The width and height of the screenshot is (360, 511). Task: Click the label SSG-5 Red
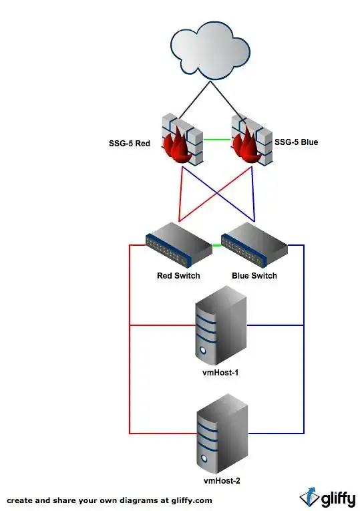click(130, 144)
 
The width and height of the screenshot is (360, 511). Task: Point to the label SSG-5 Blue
click(296, 142)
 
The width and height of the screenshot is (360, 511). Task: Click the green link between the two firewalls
click(217, 140)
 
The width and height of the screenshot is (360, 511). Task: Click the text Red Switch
click(178, 276)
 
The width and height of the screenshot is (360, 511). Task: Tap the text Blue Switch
click(254, 276)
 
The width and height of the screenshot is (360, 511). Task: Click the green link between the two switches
click(216, 245)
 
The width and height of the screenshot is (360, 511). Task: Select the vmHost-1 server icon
click(221, 325)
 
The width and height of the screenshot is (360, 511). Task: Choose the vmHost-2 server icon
click(222, 434)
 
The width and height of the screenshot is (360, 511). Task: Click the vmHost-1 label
click(220, 373)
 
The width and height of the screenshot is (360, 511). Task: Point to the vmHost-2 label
click(222, 481)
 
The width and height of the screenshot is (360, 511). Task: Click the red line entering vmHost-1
click(163, 325)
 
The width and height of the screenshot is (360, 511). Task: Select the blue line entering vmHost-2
click(276, 434)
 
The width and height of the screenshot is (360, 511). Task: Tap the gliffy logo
click(327, 498)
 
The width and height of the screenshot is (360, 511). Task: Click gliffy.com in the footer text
click(192, 500)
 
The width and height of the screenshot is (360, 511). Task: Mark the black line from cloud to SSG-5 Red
click(195, 100)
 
